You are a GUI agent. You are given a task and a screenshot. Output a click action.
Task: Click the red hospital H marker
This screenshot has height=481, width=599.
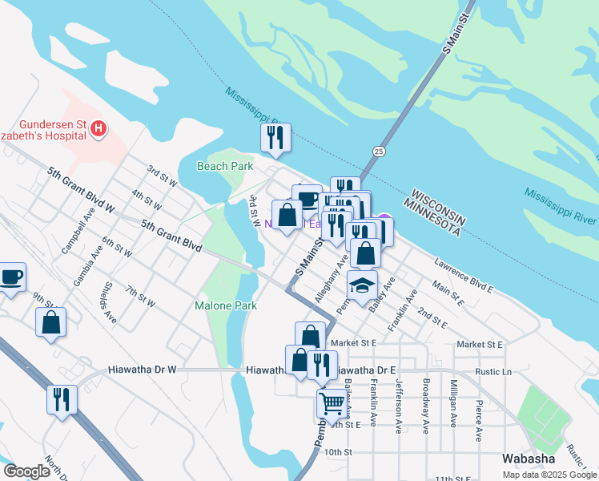tap(98, 128)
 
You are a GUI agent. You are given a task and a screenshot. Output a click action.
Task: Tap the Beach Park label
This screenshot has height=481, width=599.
tap(225, 166)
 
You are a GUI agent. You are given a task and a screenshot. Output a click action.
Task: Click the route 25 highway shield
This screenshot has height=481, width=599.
tap(379, 151)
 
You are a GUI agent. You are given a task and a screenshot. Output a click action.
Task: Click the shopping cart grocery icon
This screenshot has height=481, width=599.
tap(331, 402)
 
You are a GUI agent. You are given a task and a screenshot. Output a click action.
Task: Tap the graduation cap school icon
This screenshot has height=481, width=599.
tap(362, 285)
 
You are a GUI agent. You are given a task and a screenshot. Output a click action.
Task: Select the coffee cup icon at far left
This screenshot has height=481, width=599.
tap(11, 277)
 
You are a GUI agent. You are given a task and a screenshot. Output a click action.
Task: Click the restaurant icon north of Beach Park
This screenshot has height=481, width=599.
tap(275, 137)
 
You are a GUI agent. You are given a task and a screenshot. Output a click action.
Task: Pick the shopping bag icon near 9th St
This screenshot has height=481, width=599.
tap(50, 322)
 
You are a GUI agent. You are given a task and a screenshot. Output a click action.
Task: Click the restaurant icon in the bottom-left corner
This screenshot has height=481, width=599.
tap(62, 398)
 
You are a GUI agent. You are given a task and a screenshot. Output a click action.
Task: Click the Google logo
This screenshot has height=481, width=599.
tap(26, 471)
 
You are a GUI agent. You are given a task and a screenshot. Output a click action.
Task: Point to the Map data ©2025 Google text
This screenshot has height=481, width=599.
tap(549, 475)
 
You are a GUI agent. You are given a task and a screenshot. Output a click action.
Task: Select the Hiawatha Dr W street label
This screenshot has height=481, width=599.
tap(142, 370)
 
